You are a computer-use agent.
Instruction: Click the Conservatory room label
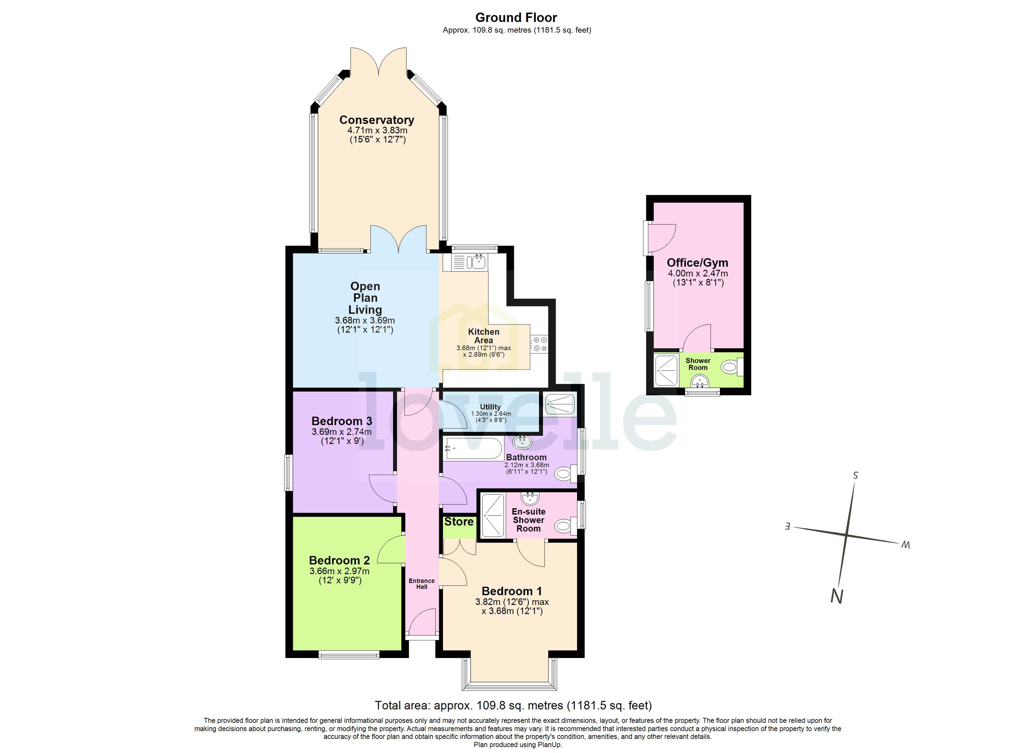(x=376, y=120)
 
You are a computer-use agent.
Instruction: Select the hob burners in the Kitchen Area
(x=539, y=344)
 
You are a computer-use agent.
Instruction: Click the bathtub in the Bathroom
(x=474, y=448)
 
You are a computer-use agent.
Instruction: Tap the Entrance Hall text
(x=421, y=584)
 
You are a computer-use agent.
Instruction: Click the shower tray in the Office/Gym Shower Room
(x=666, y=370)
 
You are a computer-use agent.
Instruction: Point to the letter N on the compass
(x=836, y=597)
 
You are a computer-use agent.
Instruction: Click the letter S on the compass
(x=855, y=475)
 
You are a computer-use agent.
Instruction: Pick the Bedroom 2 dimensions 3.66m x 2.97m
(x=339, y=571)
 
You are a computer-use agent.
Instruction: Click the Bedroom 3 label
(x=342, y=421)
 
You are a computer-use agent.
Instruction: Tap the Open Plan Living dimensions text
(x=365, y=325)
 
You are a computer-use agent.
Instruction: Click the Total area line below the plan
(x=513, y=706)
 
